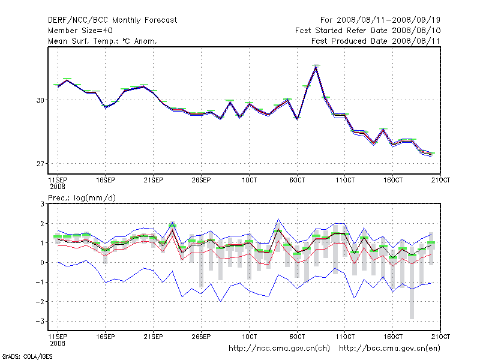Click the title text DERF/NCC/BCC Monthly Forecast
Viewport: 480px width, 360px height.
[x=112, y=20]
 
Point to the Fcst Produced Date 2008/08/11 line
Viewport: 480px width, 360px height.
[x=376, y=41]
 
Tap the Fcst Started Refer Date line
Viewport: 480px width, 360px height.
[x=368, y=31]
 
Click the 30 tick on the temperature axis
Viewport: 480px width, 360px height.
[x=41, y=100]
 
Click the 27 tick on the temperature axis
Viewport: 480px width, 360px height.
[x=41, y=164]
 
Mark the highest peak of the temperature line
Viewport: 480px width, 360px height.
[x=316, y=67]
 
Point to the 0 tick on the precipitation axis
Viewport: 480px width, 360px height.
[x=42, y=263]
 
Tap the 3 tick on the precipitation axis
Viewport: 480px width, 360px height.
[x=42, y=204]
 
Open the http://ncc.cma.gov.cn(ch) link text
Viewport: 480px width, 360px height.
[x=280, y=348]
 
